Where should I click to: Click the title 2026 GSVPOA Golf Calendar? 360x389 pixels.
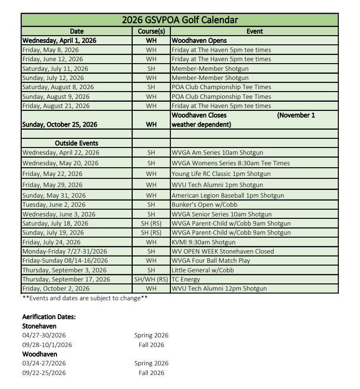coord(180,20)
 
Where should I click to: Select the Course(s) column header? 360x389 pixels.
coord(151,31)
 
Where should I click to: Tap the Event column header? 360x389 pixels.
coord(254,31)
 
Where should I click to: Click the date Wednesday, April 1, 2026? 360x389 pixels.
coord(59,40)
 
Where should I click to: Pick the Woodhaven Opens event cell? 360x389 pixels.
coord(199,40)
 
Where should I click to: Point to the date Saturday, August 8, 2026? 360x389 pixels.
coord(58,87)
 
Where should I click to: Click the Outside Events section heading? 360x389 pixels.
coord(76,143)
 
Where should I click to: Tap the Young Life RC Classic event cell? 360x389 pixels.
coord(221,174)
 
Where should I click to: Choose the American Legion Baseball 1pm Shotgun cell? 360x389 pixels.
coord(228,196)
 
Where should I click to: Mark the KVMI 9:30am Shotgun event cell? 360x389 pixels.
coord(204,242)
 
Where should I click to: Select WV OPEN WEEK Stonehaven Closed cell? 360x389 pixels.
coord(223,252)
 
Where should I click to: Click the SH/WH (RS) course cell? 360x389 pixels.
coord(151,280)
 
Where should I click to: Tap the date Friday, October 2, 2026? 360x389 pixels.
coord(56,289)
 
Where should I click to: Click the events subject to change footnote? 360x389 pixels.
coord(85,298)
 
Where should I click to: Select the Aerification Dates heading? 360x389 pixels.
coord(49,317)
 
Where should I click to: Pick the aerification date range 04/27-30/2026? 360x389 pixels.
coord(44,335)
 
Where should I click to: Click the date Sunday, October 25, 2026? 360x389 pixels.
coord(60,125)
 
